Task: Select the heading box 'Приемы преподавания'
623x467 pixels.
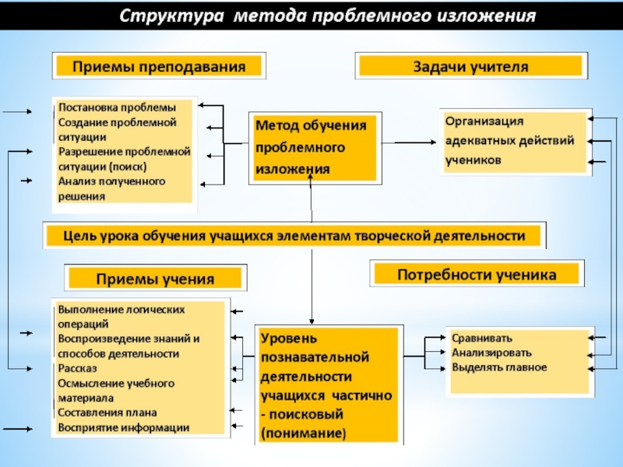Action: [159, 67]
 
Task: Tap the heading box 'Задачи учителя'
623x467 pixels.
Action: [470, 66]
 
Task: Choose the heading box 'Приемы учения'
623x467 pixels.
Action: [155, 278]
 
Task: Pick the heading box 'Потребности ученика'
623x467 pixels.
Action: [477, 274]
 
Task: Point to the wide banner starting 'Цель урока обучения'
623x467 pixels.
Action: [294, 235]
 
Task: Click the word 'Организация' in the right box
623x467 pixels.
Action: [484, 121]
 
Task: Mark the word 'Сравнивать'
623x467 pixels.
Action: [482, 338]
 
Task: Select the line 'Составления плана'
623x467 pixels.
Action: [107, 413]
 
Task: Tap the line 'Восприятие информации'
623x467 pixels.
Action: [123, 427]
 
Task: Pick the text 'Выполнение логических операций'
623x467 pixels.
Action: [121, 316]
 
